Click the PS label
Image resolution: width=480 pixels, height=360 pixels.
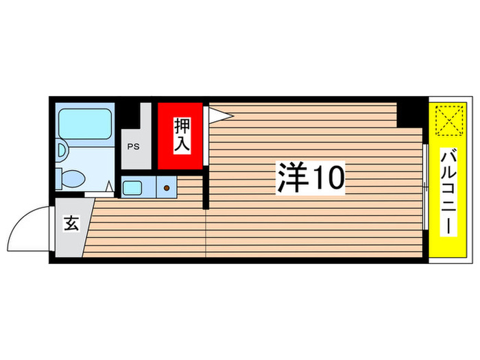pos(132,145)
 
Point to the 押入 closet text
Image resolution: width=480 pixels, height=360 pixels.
pos(181,135)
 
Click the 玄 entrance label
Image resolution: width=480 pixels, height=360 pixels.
pos(70,225)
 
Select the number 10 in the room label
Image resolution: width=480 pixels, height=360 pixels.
pos(326,178)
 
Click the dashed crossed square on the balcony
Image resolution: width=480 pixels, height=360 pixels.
pos(448,121)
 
